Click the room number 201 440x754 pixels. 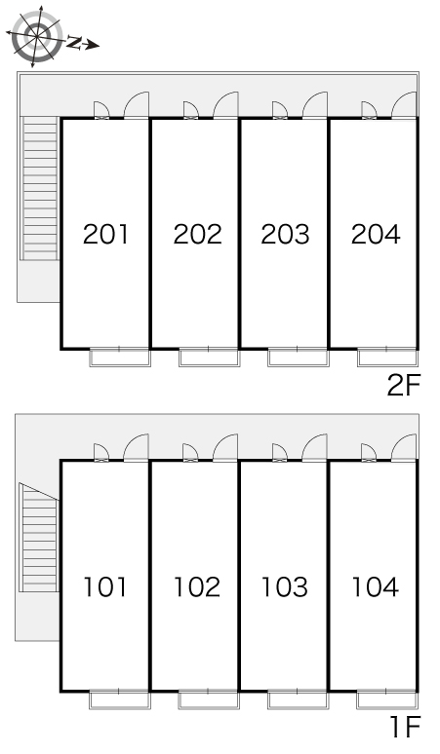pyautogui.click(x=105, y=234)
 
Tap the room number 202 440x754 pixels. pyautogui.click(x=197, y=234)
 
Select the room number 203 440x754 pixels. pyautogui.click(x=285, y=234)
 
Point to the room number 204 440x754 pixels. pyautogui.click(x=376, y=234)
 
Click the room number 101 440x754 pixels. pyautogui.click(x=105, y=587)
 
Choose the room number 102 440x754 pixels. pyautogui.click(x=197, y=587)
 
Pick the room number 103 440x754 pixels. pyautogui.click(x=285, y=587)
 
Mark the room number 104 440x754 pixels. pyautogui.click(x=376, y=587)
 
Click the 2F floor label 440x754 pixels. pyautogui.click(x=404, y=385)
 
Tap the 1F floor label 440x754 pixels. pyautogui.click(x=406, y=727)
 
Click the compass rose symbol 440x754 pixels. pyautogui.click(x=36, y=36)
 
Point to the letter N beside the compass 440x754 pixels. pyautogui.click(x=73, y=43)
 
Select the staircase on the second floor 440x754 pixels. pyautogui.click(x=39, y=188)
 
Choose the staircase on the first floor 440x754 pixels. pyautogui.click(x=38, y=538)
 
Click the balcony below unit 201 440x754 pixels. pyautogui.click(x=120, y=358)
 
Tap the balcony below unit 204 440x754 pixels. pyautogui.click(x=387, y=358)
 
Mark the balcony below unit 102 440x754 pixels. pyautogui.click(x=209, y=699)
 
